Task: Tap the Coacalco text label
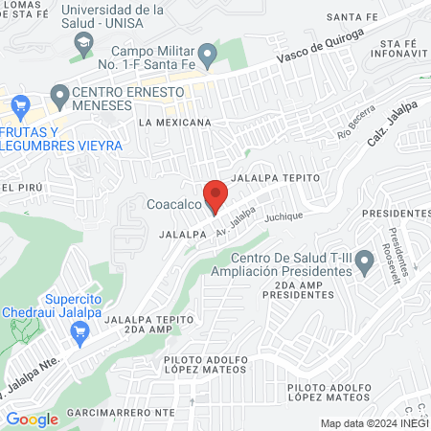(173, 203)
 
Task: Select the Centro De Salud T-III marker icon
(364, 267)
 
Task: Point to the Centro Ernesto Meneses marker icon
(57, 95)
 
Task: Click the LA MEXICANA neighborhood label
(174, 124)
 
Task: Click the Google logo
(32, 419)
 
